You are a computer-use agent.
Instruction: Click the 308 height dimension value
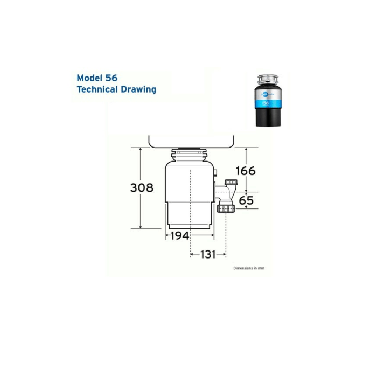point(142,188)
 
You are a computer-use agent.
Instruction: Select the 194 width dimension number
point(179,236)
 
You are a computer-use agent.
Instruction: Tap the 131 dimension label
point(208,254)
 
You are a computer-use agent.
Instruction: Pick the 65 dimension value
point(246,201)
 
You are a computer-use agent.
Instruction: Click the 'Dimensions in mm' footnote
point(248,268)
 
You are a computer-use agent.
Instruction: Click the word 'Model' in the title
point(90,78)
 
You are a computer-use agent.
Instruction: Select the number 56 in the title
point(111,78)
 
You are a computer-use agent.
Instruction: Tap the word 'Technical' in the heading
point(97,89)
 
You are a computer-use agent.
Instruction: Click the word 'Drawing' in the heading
point(138,89)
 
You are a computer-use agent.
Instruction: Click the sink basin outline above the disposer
point(191,141)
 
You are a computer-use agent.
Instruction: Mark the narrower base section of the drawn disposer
point(189,215)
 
